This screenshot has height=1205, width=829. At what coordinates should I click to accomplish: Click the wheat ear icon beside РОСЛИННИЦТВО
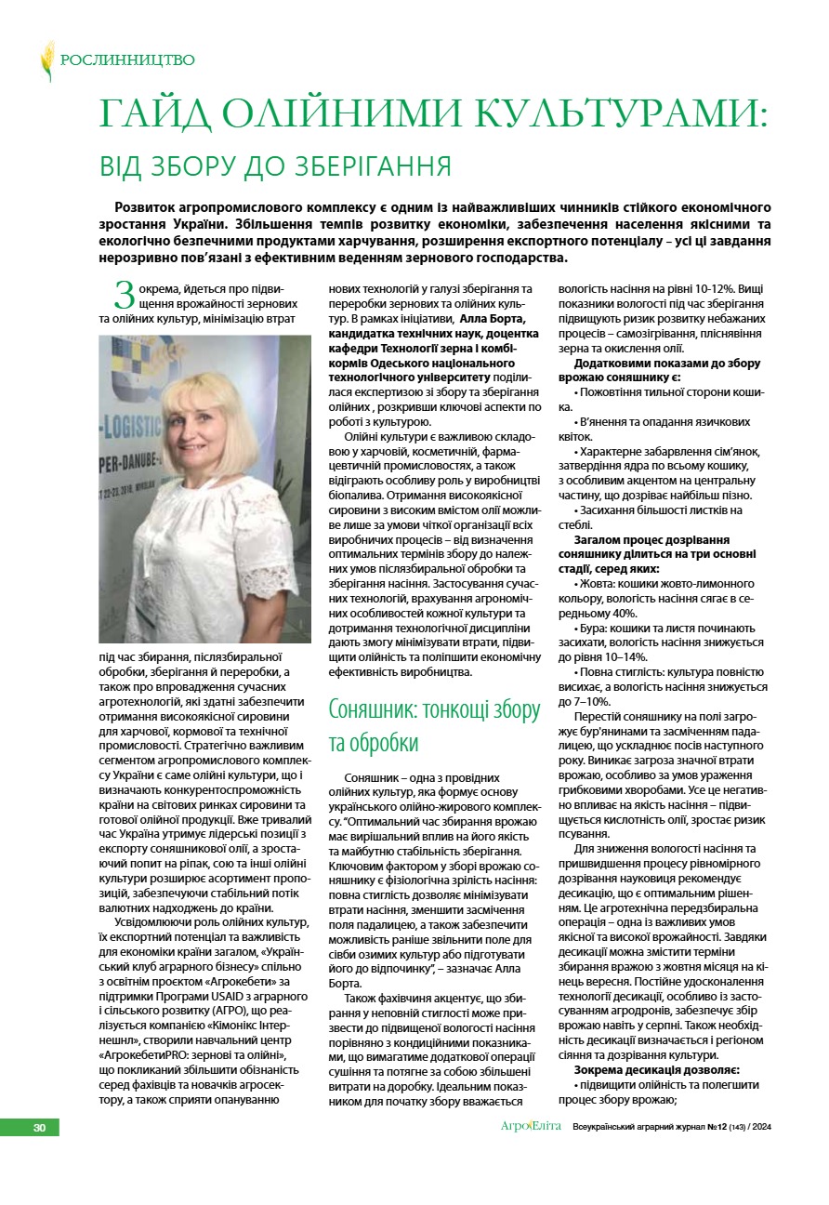[46, 60]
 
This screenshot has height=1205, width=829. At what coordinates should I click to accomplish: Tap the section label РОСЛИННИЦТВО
[127, 60]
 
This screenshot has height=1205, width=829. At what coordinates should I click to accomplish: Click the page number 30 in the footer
[39, 1128]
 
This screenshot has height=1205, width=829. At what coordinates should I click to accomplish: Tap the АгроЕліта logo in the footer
[531, 1128]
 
